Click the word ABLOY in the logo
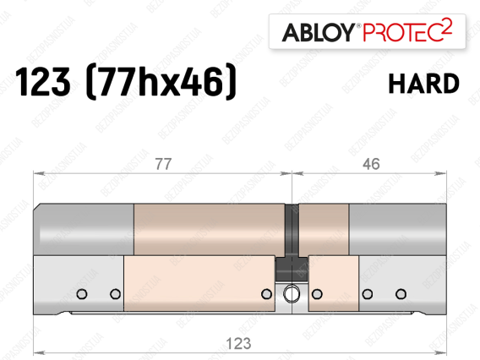[318, 32]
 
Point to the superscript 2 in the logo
[447, 27]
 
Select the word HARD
[423, 84]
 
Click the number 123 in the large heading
[43, 82]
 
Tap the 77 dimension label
[163, 164]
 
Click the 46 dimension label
[371, 164]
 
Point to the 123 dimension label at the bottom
[239, 343]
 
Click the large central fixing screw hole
[292, 293]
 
